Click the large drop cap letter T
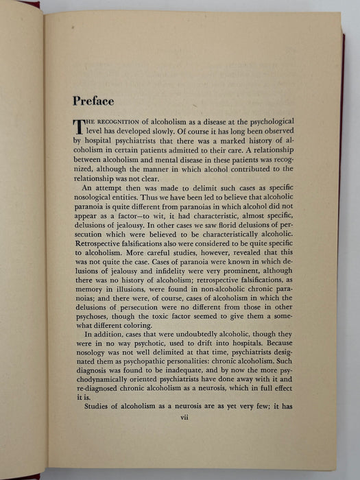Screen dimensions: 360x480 click(77, 127)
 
